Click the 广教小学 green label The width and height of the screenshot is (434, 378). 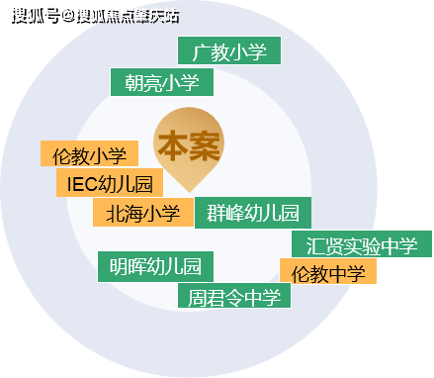point(229,50)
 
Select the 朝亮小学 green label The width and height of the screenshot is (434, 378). point(162,82)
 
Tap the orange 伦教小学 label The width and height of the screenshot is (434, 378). point(89,153)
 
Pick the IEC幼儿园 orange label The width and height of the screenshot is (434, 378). point(110,183)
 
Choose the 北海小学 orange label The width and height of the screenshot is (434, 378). point(143,213)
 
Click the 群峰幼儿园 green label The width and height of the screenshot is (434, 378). point(253,213)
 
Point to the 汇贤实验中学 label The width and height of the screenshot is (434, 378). point(362,244)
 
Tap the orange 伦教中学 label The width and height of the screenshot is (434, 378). point(328,271)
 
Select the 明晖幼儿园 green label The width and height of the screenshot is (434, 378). point(155,267)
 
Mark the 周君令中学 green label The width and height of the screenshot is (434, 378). point(234,296)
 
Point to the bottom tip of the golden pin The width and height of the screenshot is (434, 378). point(189,192)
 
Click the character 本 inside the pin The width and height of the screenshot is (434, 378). point(173,145)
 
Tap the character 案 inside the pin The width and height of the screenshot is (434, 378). point(205,145)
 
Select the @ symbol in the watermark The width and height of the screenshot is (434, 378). point(68,16)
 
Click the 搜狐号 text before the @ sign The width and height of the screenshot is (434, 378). point(37,16)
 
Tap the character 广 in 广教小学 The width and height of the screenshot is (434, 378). point(201,52)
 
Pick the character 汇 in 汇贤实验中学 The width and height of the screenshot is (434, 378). point(315,245)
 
